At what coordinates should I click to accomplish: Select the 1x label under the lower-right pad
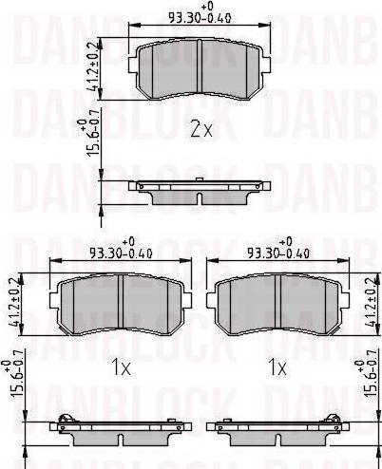pyautogui.click(x=277, y=365)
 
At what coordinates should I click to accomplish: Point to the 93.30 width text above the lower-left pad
pyautogui.click(x=118, y=253)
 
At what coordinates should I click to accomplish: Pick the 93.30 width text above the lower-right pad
pyautogui.click(x=277, y=253)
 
